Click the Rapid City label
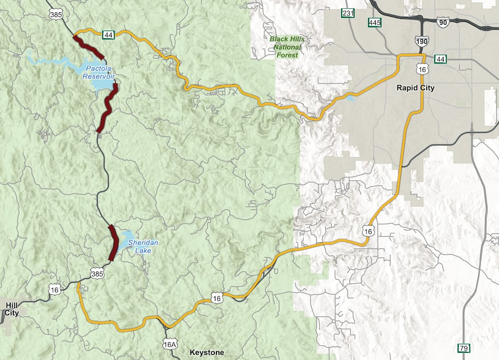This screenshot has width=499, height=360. tap(415, 88)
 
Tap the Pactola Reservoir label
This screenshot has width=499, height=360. tap(100, 72)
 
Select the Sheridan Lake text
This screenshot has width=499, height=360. tap(143, 246)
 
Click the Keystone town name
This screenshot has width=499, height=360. tap(206, 352)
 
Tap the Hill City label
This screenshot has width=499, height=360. tap(12, 309)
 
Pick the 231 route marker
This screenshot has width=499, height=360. tap(348, 13)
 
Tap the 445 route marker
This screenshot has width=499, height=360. tap(375, 22)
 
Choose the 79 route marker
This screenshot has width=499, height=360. tap(463, 348)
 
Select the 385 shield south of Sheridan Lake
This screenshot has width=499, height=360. tap(98, 273)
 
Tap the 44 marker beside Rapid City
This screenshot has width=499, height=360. tap(440, 60)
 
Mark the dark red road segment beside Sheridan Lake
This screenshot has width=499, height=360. tap(114, 243)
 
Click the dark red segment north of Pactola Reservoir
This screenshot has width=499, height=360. tap(89, 46)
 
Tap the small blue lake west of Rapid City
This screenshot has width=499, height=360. tap(351, 98)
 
